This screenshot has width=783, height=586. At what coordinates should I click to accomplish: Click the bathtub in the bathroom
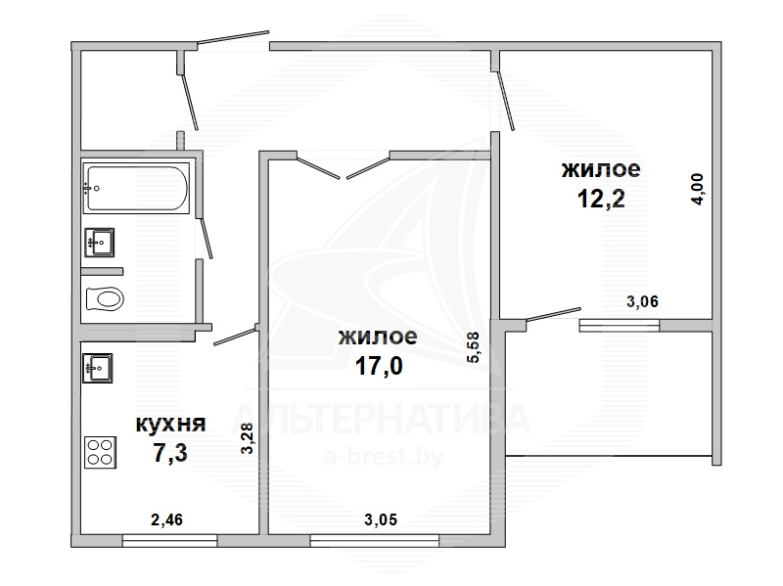click(136, 188)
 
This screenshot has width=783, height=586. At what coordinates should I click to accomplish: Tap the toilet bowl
click(105, 299)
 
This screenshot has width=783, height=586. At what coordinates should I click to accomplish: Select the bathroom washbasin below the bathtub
click(100, 243)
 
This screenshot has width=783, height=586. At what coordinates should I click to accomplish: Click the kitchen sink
click(97, 369)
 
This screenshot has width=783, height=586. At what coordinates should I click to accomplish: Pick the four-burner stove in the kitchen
click(101, 452)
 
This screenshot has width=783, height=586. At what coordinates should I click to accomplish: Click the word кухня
click(170, 425)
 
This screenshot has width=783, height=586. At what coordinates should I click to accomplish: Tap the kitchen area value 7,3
click(170, 454)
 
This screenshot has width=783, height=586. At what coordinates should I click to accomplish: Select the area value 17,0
click(379, 367)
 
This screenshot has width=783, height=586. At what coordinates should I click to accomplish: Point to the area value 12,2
click(601, 200)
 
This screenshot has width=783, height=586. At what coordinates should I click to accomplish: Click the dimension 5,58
click(473, 347)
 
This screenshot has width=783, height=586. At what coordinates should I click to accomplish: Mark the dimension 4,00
click(698, 188)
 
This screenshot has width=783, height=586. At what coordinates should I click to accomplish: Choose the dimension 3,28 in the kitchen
click(248, 438)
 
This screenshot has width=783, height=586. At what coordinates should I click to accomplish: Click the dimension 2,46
click(166, 520)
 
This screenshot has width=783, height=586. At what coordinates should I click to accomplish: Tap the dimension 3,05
click(381, 520)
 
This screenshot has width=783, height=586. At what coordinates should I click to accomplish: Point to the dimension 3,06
click(643, 301)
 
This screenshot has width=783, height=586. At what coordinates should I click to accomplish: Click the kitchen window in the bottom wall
click(169, 541)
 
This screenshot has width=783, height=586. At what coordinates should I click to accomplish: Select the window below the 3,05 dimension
click(375, 541)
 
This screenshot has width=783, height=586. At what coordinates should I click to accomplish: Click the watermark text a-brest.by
click(384, 457)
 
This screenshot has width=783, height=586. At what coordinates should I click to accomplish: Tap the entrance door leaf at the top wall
click(233, 37)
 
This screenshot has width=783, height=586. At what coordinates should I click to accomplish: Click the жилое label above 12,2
click(601, 169)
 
